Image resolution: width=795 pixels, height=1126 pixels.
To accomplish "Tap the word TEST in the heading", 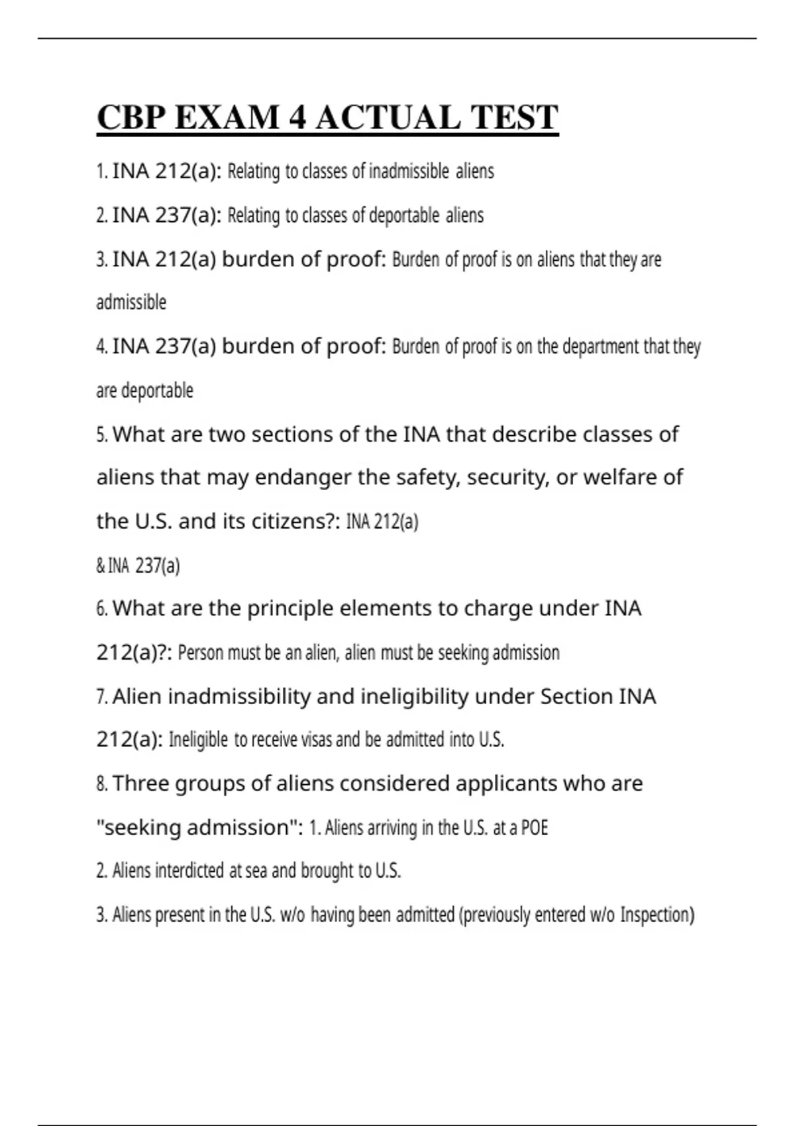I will [514, 118].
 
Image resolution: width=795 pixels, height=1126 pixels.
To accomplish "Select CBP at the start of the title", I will [131, 118].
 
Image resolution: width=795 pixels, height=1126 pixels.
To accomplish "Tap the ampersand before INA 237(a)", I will [101, 566].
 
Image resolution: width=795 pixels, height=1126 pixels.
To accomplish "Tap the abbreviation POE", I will [535, 828].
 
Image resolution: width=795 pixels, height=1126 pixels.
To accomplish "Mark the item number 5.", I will [101, 435].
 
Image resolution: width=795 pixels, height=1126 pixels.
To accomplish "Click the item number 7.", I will [101, 697].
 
